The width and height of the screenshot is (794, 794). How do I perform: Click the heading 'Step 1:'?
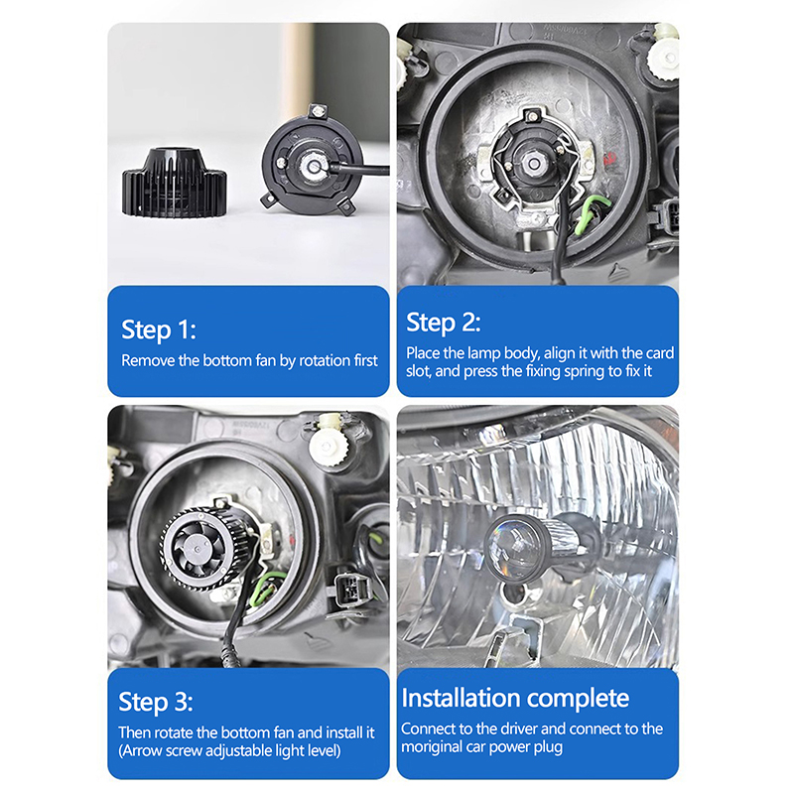[159, 331]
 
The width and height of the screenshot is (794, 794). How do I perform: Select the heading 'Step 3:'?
[156, 703]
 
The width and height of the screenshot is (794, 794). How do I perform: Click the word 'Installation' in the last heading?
[463, 698]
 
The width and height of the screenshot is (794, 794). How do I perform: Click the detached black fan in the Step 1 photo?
[175, 182]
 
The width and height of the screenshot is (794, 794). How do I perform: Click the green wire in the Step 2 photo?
[591, 214]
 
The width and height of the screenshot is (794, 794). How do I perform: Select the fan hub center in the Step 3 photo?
[197, 549]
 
